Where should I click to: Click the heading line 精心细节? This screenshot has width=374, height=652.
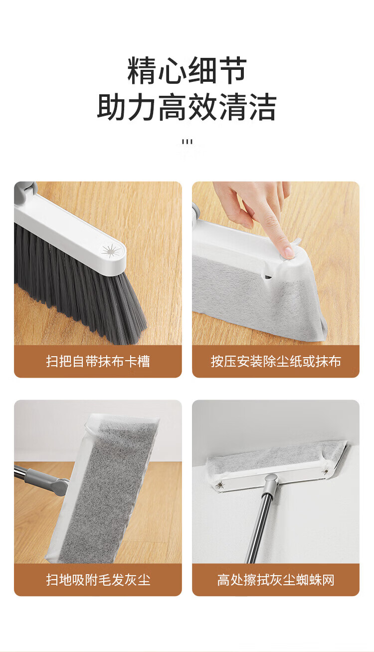187,71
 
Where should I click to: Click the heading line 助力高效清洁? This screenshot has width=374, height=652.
187,107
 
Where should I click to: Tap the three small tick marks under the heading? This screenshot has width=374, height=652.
187,142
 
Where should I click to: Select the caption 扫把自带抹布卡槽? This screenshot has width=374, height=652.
98,362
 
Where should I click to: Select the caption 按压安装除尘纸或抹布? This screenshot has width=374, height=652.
276,362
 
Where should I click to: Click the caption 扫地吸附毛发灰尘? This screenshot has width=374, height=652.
98,580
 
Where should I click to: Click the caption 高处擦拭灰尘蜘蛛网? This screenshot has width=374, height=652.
276,580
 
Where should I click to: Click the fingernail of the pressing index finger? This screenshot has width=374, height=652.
289,251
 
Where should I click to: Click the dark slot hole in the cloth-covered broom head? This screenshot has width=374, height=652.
268,276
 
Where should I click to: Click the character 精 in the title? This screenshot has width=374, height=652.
142,71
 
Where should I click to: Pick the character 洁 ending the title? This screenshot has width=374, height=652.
262,107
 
